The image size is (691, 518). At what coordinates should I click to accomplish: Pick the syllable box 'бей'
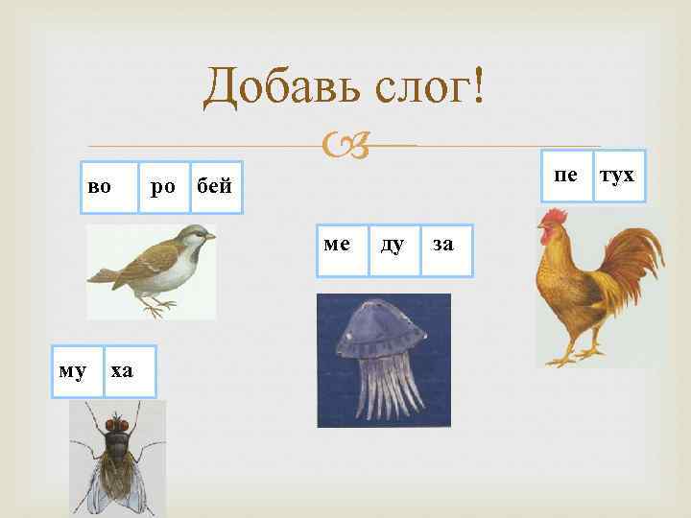pyautogui.click(x=215, y=186)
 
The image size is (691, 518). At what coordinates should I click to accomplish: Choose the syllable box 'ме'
pyautogui.click(x=338, y=245)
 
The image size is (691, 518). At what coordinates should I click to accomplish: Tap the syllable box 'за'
pyautogui.click(x=443, y=245)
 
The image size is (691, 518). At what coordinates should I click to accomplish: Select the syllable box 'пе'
pyautogui.click(x=566, y=176)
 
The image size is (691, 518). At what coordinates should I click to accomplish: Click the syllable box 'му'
pyautogui.click(x=70, y=370)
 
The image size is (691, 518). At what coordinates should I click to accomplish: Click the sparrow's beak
pyautogui.click(x=210, y=236)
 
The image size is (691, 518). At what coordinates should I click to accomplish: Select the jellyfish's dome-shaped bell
pyautogui.click(x=381, y=326)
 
